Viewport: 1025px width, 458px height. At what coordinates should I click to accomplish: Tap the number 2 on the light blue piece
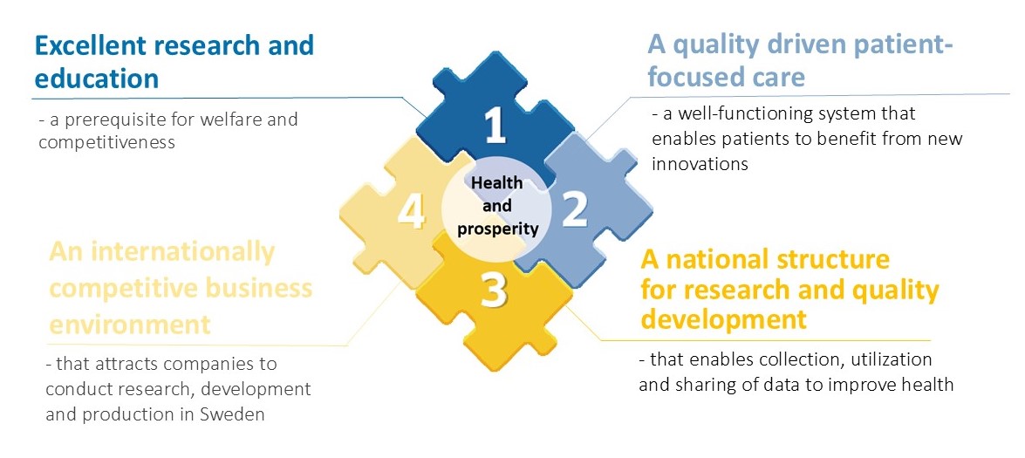pyautogui.click(x=575, y=209)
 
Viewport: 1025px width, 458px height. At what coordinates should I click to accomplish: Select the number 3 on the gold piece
pyautogui.click(x=495, y=291)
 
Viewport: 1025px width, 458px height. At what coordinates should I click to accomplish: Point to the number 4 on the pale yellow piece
pyautogui.click(x=412, y=212)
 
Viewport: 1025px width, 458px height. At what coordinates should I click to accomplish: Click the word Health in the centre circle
pyautogui.click(x=497, y=182)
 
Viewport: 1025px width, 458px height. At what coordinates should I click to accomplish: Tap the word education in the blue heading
pyautogui.click(x=97, y=78)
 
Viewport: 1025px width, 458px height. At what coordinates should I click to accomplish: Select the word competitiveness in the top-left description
pyautogui.click(x=106, y=142)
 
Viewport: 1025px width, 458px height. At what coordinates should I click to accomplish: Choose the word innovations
pyautogui.click(x=700, y=163)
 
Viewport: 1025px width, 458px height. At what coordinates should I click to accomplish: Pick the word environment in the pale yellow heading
pyautogui.click(x=130, y=324)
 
